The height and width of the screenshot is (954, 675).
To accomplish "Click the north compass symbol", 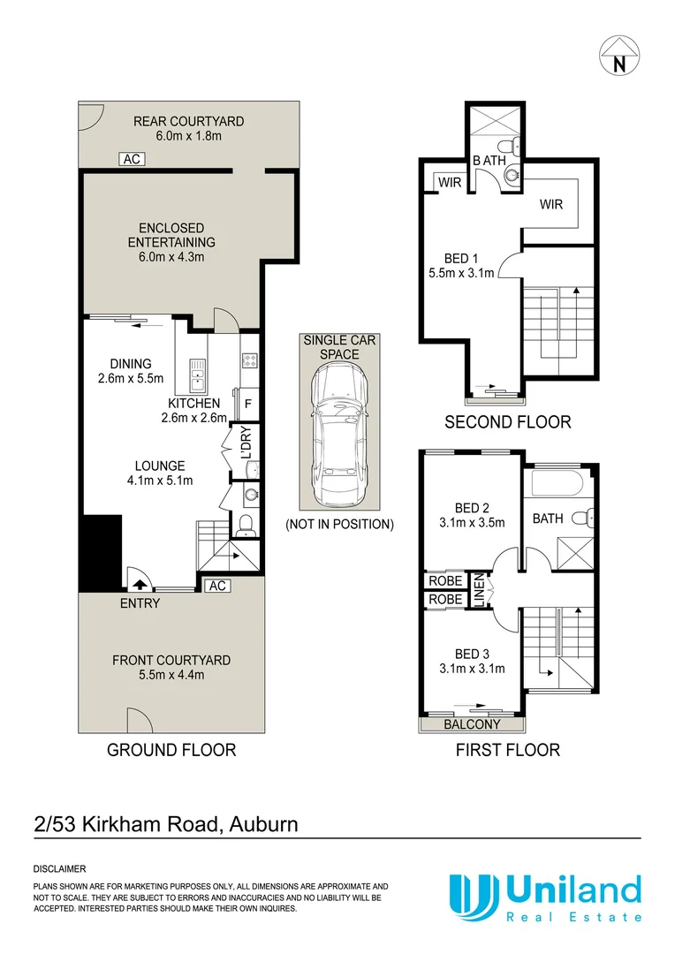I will (619, 55).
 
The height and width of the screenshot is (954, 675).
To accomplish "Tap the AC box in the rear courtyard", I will (132, 159).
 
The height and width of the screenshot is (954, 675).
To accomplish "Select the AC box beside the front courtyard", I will (216, 586).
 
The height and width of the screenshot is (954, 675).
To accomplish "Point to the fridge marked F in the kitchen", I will (248, 404).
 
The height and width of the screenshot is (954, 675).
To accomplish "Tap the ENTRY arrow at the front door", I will (139, 583).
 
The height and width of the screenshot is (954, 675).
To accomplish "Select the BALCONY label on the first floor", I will (473, 724).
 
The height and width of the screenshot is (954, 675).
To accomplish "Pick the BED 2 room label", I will (472, 507).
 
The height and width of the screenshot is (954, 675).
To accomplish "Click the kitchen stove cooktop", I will (249, 360).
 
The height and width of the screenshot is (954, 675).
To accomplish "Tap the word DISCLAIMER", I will (59, 869).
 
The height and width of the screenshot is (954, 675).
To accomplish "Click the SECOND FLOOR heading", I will (507, 422).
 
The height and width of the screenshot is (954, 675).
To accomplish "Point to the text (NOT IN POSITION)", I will (339, 524).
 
